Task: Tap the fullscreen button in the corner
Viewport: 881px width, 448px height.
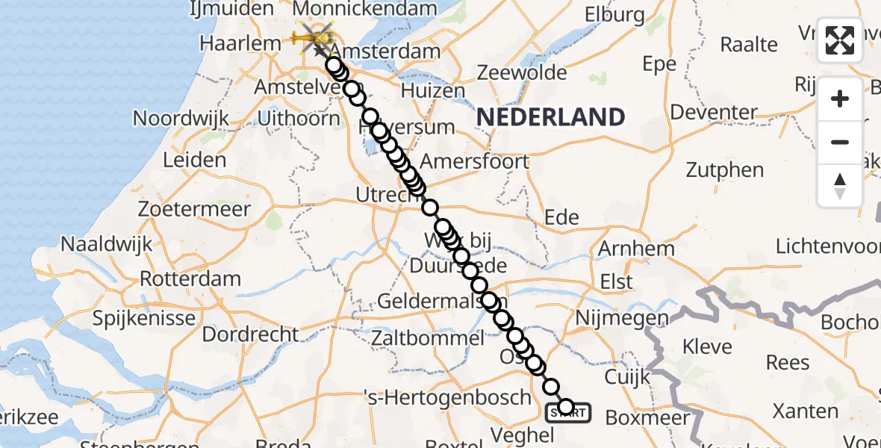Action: click(x=840, y=40)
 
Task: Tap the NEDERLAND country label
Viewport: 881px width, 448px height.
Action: click(x=551, y=117)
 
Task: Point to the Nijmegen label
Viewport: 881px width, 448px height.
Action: click(x=622, y=318)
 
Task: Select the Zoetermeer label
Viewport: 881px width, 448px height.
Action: click(x=194, y=208)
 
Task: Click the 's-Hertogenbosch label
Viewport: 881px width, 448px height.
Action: click(x=455, y=397)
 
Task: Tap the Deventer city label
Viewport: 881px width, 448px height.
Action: click(x=714, y=113)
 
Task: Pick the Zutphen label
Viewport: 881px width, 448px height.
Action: click(x=725, y=169)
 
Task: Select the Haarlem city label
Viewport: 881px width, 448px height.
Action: click(x=240, y=43)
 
